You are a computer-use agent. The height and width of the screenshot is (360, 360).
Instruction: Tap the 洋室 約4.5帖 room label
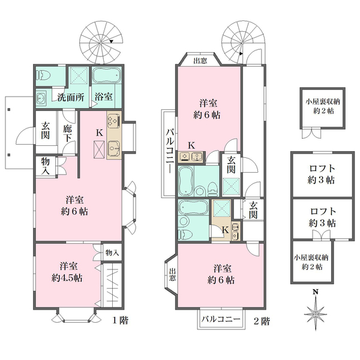[67, 272]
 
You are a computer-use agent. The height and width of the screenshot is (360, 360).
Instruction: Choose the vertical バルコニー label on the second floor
[169, 152]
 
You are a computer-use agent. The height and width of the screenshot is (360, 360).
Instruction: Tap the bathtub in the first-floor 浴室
[107, 77]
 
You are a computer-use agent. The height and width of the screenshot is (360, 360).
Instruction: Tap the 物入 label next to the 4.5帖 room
[112, 252]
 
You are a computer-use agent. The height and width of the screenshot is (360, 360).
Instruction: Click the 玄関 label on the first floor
[46, 131]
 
